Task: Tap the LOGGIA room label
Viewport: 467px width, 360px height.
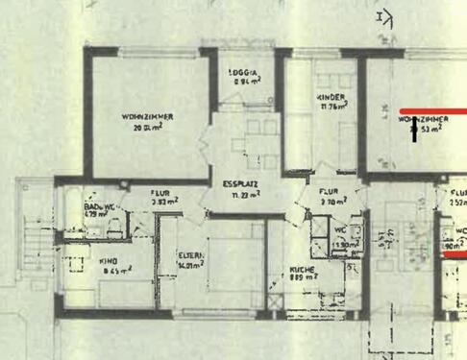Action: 242,74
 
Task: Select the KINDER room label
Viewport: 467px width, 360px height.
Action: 331,98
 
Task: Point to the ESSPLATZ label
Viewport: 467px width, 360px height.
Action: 238,184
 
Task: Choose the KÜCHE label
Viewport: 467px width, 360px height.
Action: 304,270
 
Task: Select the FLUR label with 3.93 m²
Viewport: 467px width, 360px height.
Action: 160,193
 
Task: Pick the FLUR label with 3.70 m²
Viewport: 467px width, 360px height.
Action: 332,193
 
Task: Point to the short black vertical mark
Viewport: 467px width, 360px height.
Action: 415,133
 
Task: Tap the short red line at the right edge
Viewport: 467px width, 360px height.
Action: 455,253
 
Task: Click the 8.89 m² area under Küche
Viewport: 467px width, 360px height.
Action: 305,279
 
